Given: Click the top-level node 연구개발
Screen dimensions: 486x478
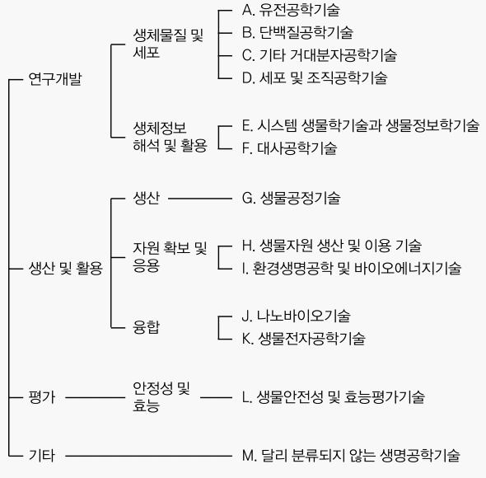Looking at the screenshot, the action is (55, 79).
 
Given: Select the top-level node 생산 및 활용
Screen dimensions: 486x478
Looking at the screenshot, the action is (65, 269).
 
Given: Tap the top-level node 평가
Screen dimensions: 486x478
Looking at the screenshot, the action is (42, 397).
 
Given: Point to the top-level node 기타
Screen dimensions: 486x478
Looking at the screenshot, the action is (42, 456).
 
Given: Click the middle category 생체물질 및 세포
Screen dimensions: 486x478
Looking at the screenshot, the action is (168, 44).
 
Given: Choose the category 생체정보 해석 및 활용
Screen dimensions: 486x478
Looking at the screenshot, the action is (170, 137).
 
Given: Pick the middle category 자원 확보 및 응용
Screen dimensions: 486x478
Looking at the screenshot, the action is (170, 257).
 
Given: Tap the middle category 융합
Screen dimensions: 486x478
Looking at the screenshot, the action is (147, 327).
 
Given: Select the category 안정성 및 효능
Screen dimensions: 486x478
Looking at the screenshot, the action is (161, 397).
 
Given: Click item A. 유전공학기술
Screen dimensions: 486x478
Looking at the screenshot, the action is (291, 10).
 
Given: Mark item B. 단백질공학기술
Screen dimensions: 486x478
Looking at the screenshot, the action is (297, 33).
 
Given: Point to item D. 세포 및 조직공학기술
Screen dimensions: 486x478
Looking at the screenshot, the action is (315, 77).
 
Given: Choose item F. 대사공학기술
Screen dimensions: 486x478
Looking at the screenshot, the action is (289, 148).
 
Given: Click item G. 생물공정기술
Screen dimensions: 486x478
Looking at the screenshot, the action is (292, 198).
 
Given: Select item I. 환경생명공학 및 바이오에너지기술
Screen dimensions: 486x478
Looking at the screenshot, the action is (352, 269).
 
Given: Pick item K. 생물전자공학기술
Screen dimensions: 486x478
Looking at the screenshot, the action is (304, 339).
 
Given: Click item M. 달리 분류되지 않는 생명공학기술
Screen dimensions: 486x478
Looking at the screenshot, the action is (351, 456).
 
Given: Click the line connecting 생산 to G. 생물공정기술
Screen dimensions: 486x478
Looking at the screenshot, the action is (200, 199).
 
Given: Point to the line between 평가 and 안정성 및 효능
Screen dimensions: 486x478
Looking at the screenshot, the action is (96, 397).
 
